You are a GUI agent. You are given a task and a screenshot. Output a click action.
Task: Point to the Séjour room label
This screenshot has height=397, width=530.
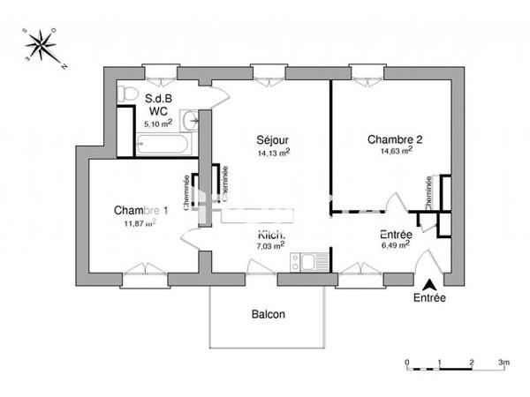pyautogui.click(x=273, y=140)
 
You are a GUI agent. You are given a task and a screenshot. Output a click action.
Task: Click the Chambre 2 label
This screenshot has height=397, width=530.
pyautogui.click(x=395, y=139)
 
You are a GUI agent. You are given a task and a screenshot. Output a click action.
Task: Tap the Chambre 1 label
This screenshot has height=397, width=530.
pyautogui.click(x=140, y=210)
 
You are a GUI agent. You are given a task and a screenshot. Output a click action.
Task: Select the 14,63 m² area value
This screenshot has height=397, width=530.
pyautogui.click(x=395, y=151)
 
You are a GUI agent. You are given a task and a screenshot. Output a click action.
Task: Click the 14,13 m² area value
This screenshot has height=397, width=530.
pyautogui.click(x=273, y=152)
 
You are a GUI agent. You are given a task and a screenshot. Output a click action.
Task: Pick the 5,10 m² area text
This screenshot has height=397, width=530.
pyautogui.click(x=158, y=124)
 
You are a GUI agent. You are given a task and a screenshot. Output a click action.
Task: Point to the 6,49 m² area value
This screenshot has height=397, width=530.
pyautogui.click(x=394, y=246)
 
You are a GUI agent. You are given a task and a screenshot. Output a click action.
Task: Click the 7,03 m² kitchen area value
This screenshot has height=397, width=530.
pyautogui.click(x=270, y=246)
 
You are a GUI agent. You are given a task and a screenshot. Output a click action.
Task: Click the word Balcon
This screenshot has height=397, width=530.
pyautogui.click(x=269, y=314)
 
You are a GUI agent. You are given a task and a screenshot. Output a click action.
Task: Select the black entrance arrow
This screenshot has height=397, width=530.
pyautogui.click(x=429, y=284)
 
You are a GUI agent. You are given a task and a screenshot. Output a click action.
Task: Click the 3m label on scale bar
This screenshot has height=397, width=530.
pyautogui.click(x=503, y=363)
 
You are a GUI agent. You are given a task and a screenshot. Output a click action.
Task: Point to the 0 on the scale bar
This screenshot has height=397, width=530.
pyautogui.click(x=406, y=363)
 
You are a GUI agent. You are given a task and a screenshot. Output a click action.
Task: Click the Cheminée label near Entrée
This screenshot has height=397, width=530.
pyautogui.click(x=428, y=191)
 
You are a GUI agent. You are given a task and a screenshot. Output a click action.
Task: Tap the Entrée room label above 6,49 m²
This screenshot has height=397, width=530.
pyautogui.click(x=394, y=235)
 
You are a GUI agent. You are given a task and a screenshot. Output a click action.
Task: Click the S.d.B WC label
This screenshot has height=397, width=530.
pyautogui.click(x=158, y=106)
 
